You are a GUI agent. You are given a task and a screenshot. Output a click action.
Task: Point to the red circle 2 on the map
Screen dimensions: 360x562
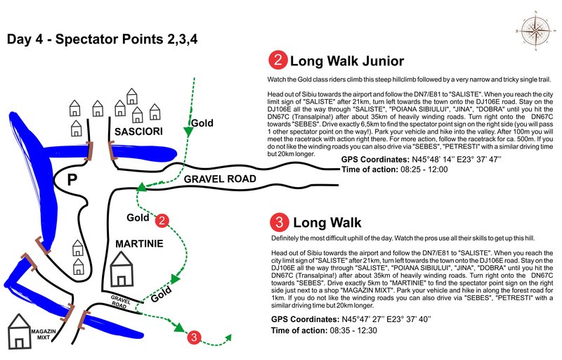[162, 220]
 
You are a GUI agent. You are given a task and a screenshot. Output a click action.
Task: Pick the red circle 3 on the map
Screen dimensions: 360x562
[195, 337]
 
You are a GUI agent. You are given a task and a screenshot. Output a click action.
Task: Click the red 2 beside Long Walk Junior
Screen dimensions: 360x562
[278, 60]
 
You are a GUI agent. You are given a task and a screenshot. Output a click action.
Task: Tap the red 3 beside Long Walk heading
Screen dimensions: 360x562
[279, 224]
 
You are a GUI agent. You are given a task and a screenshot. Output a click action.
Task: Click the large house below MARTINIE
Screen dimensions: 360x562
[122, 269]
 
